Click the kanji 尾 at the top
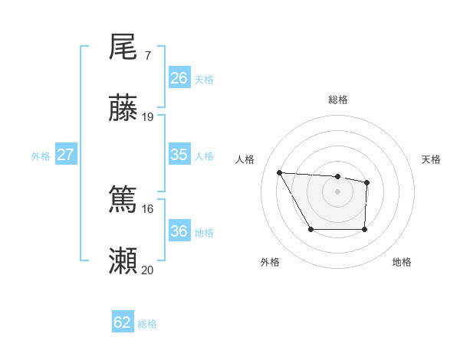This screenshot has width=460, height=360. (x=123, y=47)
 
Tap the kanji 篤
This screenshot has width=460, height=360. (x=123, y=201)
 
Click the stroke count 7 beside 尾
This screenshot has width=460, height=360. (x=147, y=55)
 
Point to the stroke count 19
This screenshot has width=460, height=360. (x=148, y=117)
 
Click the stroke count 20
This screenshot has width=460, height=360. (x=148, y=270)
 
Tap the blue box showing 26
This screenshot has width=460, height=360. (x=179, y=78)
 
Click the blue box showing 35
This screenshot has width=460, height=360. (x=179, y=155)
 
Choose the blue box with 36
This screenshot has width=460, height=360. (x=179, y=231)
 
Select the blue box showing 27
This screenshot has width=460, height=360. (x=65, y=155)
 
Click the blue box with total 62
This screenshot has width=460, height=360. (x=123, y=322)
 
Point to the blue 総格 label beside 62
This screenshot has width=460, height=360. (x=147, y=323)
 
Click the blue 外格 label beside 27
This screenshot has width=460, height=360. (x=40, y=155)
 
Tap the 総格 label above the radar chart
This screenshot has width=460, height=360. (x=337, y=100)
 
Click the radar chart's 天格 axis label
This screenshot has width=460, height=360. (x=431, y=159)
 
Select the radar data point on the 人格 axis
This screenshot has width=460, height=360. (x=279, y=172)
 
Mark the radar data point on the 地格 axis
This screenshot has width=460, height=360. (x=364, y=229)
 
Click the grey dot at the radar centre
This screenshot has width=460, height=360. (x=337, y=191)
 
